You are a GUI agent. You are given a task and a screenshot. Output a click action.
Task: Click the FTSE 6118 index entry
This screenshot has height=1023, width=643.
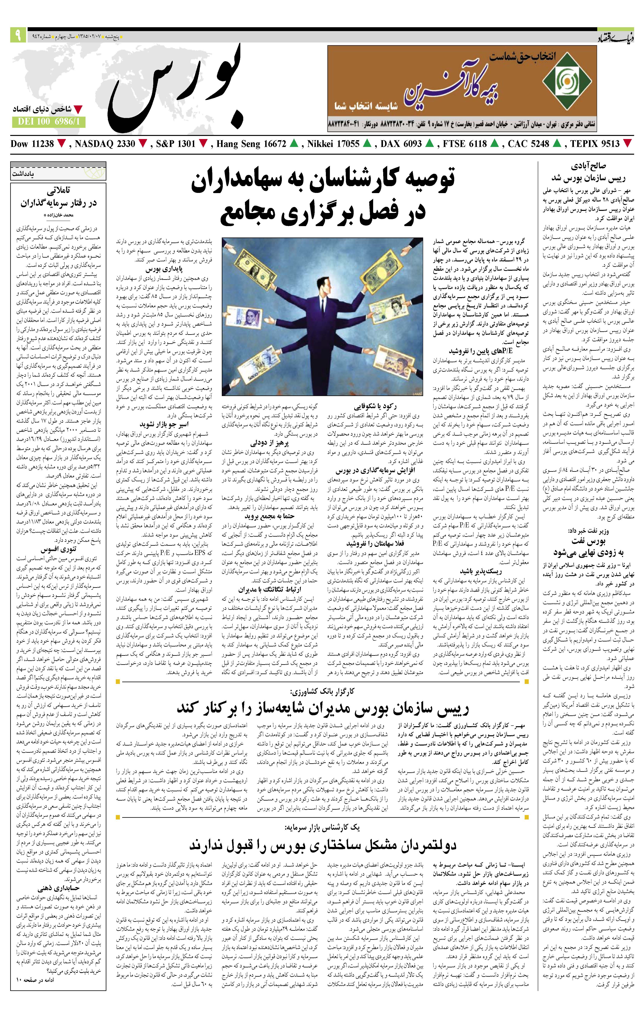pyautogui.click(x=464, y=144)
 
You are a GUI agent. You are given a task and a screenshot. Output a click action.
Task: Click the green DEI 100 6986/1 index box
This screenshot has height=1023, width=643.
pyautogui.click(x=48, y=122)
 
